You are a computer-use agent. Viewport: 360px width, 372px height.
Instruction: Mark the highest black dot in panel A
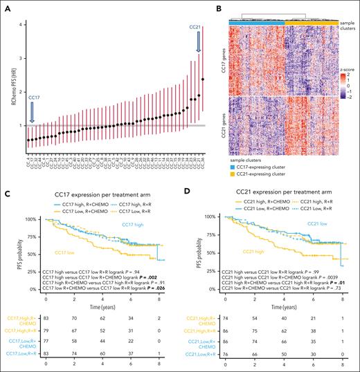coord(202,80)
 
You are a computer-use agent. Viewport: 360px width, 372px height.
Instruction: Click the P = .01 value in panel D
coord(328,283)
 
